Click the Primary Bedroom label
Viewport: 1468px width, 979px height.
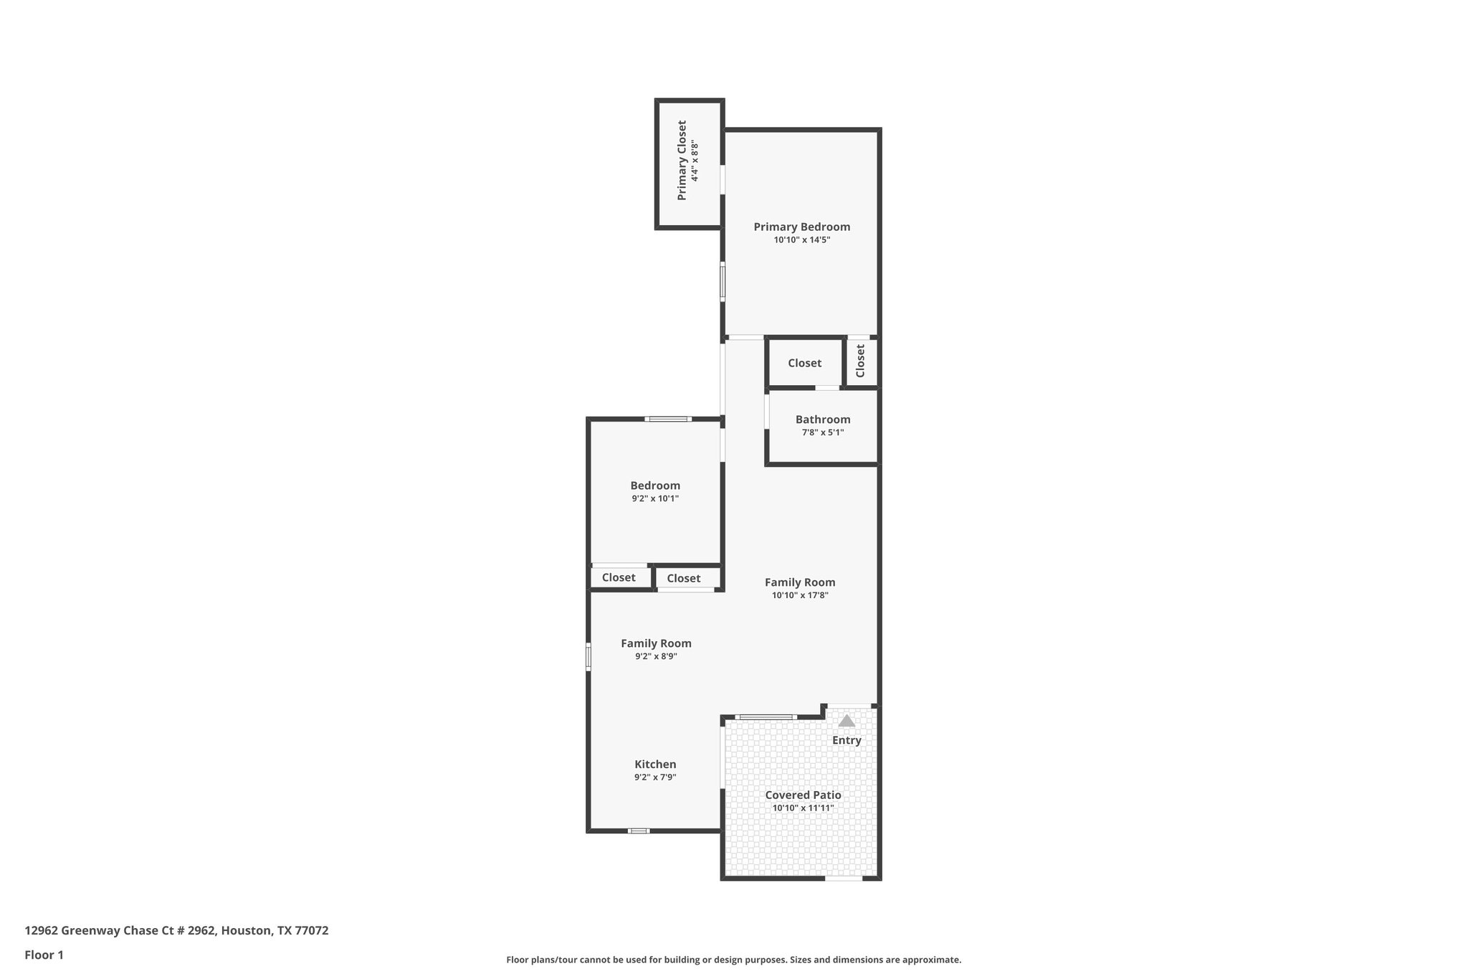[x=801, y=227]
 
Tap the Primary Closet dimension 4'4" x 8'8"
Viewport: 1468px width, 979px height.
[x=695, y=161]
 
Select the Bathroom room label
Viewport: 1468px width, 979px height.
[x=823, y=420]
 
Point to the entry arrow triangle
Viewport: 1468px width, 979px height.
[x=847, y=721]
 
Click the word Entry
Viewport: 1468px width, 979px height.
[x=847, y=740]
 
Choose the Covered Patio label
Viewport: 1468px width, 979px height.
[x=803, y=795]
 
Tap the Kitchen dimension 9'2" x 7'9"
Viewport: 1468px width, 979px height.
[x=655, y=777]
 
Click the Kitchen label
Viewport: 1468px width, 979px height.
[x=655, y=765]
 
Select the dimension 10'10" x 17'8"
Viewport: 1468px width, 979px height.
[x=800, y=595]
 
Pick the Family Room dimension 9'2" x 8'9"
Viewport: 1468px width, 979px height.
[x=656, y=656]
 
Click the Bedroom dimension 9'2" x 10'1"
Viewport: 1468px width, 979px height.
[x=655, y=498]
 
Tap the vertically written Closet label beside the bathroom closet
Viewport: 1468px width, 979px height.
[x=860, y=361]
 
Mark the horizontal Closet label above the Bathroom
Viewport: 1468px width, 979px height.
[x=804, y=363]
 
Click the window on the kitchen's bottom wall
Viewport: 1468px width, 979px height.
[x=639, y=831]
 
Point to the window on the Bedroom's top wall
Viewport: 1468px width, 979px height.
[x=667, y=419]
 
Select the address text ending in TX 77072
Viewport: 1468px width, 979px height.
[x=176, y=931]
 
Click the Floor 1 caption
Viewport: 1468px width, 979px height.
[x=44, y=955]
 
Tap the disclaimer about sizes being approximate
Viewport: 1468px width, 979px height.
[x=733, y=960]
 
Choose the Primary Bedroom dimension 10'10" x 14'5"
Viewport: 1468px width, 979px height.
[x=801, y=240]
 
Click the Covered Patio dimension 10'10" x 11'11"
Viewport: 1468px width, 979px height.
[x=803, y=808]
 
